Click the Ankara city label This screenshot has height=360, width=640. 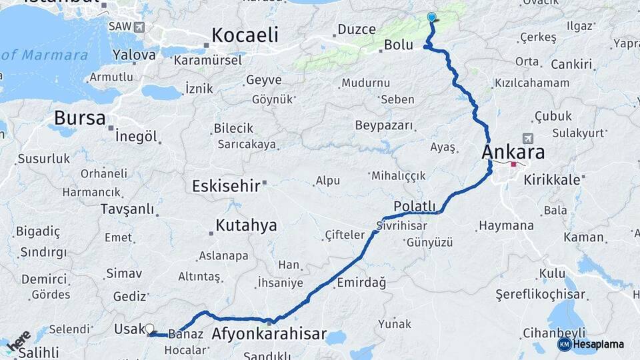pyautogui.click(x=513, y=152)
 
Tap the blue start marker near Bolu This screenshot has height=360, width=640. pyautogui.click(x=431, y=17)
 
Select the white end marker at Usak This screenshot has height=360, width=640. pyautogui.click(x=149, y=329)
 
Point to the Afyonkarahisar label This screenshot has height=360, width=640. pyautogui.click(x=269, y=334)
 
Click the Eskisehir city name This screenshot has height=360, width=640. pyautogui.click(x=225, y=186)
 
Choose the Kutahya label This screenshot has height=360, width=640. pyautogui.click(x=246, y=225)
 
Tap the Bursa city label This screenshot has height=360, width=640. pyautogui.click(x=79, y=119)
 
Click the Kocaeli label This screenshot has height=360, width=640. pyautogui.click(x=245, y=35)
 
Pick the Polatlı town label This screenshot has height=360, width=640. pyautogui.click(x=414, y=206)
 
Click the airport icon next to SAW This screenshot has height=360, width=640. pyautogui.click(x=139, y=27)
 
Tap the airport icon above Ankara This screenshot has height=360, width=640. pyautogui.click(x=529, y=138)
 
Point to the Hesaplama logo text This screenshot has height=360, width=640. pyautogui.click(x=599, y=344)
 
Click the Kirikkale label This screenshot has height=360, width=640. pyautogui.click(x=551, y=180)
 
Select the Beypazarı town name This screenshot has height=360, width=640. pyautogui.click(x=384, y=125)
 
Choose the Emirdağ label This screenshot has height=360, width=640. pyautogui.click(x=361, y=283)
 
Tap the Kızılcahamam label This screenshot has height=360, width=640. pyautogui.click(x=531, y=83)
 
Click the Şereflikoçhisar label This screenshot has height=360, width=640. pyautogui.click(x=540, y=295)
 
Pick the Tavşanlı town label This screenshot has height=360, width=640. pyautogui.click(x=127, y=209)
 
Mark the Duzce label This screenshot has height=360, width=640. pyautogui.click(x=357, y=29)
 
